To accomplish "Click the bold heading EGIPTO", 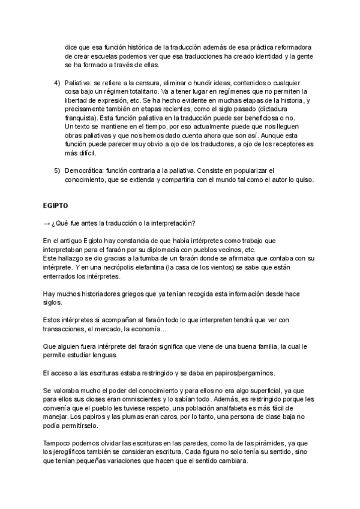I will (55, 205).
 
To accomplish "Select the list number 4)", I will (56, 82).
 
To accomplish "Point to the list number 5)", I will (56, 170).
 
